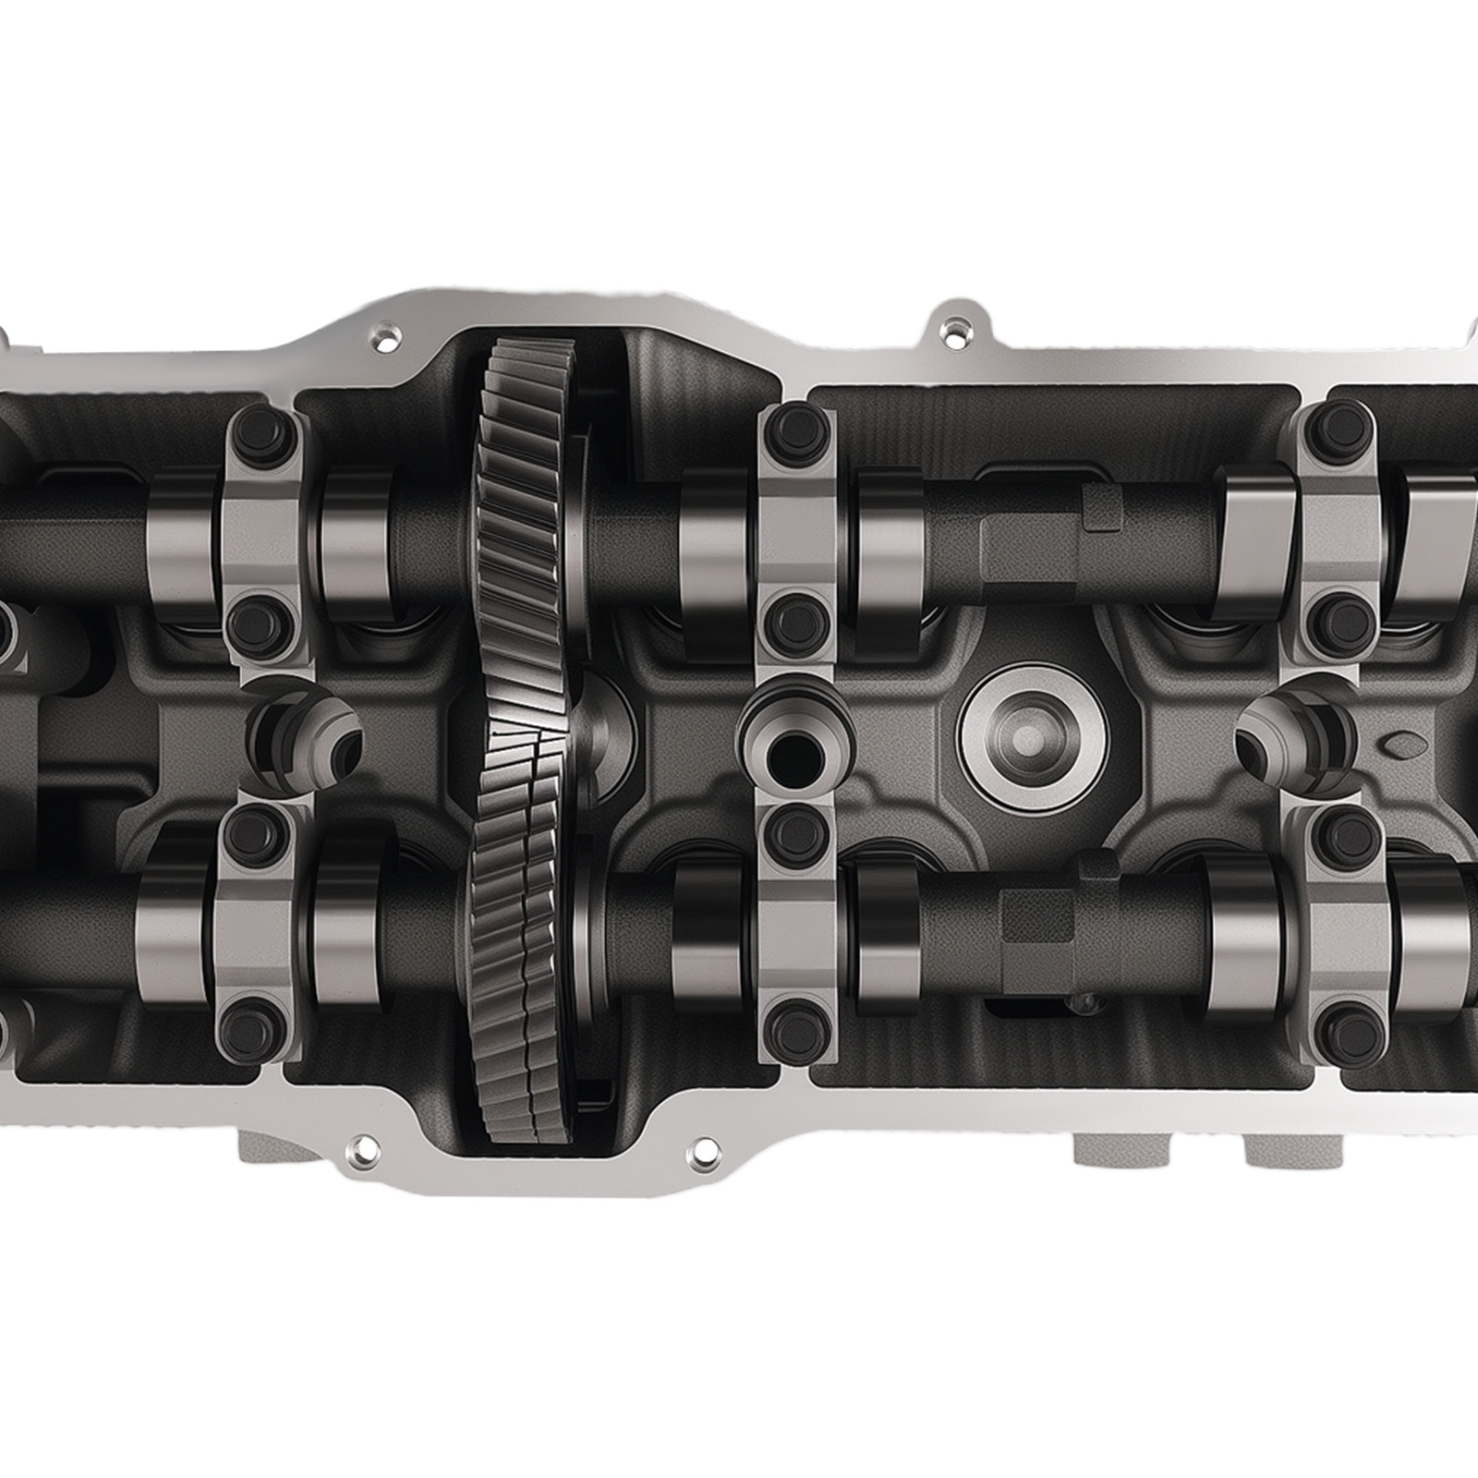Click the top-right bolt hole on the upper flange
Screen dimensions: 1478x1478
(951, 328)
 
